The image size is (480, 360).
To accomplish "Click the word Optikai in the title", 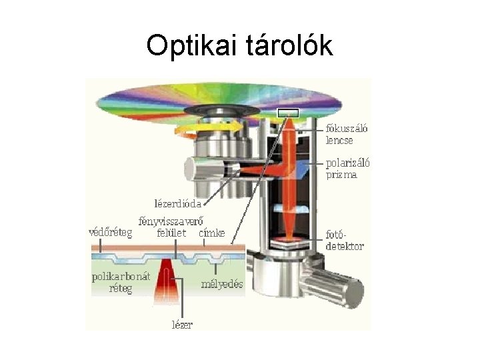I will tap(188, 47).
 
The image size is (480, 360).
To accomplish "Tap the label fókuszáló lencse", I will tap(346, 135).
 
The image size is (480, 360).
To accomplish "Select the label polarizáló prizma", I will tap(347, 169).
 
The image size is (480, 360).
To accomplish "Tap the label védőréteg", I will tap(111, 233).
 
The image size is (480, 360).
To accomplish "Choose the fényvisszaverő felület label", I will tap(171, 227).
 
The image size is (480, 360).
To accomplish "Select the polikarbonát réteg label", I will tap(121, 282).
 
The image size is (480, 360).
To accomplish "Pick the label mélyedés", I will tap(223, 284).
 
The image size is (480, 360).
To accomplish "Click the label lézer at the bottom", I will tap(182, 325).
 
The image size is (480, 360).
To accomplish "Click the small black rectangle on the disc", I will tap(288, 112).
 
